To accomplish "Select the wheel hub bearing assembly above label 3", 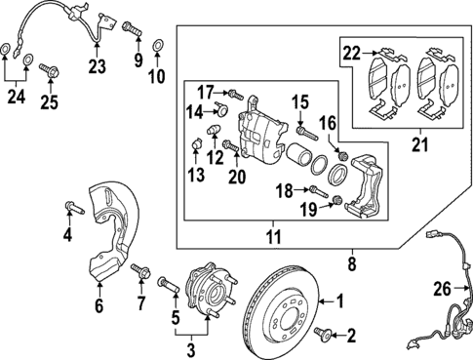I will (x=211, y=290).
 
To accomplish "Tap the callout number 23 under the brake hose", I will (x=96, y=67).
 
